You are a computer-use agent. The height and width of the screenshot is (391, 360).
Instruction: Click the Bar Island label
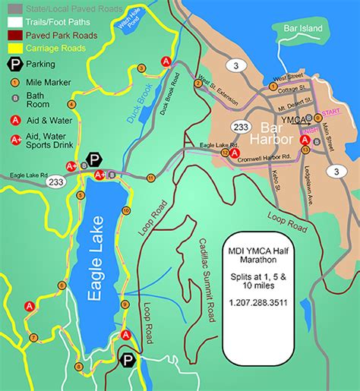(304, 29)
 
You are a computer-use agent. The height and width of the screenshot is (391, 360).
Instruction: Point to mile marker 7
(33, 337)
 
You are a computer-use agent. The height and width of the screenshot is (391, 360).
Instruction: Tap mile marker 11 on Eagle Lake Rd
(151, 178)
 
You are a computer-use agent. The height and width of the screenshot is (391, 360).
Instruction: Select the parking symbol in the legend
(14, 65)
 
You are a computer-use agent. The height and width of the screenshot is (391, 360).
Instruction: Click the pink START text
(332, 112)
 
